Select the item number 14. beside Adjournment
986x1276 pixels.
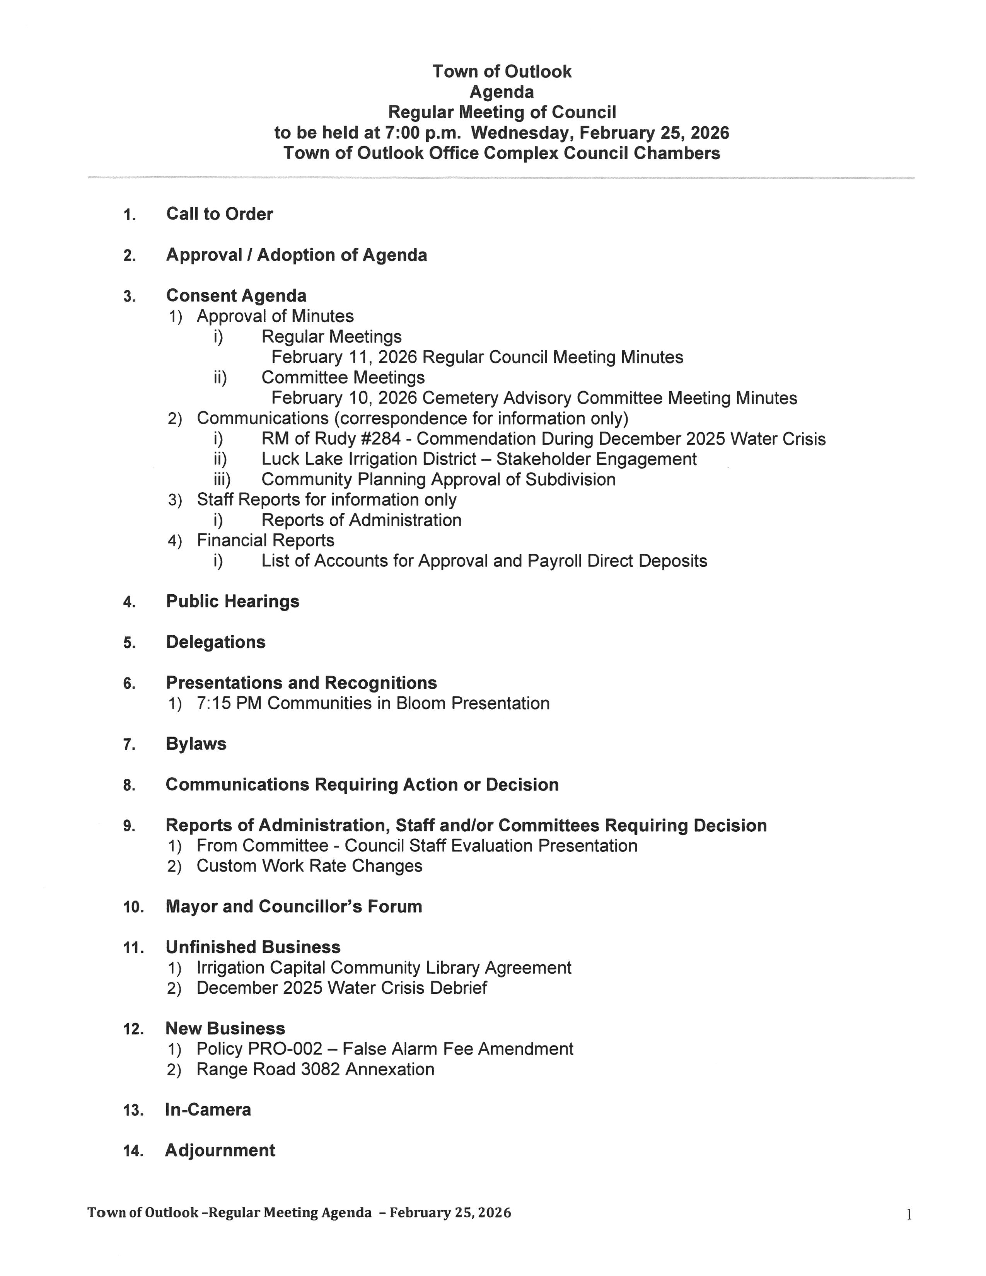(x=133, y=1151)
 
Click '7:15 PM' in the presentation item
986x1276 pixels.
(x=229, y=703)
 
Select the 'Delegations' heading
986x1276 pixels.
(x=215, y=642)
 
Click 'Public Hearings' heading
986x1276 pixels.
(x=232, y=601)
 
